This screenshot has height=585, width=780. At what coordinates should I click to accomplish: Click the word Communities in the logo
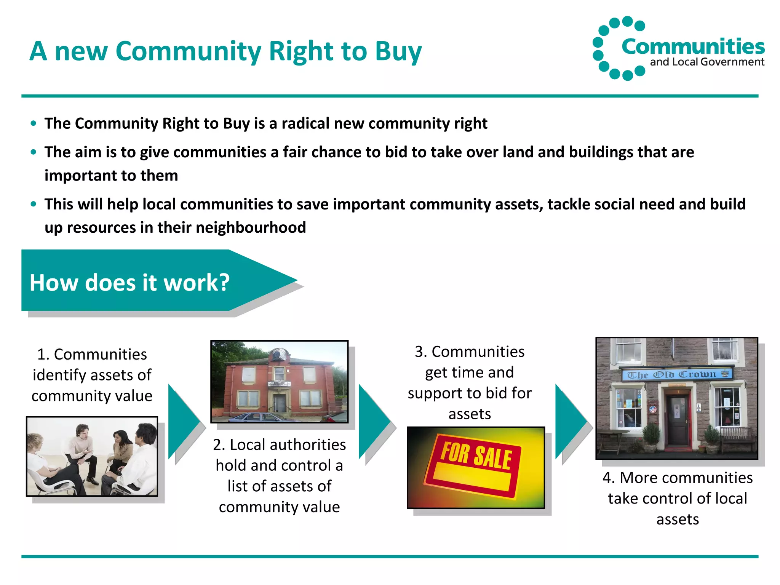[693, 47]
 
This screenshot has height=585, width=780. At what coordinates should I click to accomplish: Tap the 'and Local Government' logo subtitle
[707, 62]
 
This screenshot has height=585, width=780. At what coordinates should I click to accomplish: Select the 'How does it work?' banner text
[129, 283]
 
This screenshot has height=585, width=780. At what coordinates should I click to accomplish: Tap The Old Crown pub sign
[677, 374]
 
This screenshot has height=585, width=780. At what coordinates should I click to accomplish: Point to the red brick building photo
[279, 381]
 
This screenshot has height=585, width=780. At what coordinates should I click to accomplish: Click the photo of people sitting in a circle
[92, 456]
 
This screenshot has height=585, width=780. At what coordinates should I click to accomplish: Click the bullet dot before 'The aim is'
[34, 152]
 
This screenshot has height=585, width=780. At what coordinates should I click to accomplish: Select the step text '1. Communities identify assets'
[92, 375]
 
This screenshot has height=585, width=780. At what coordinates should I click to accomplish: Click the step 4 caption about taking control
[677, 498]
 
